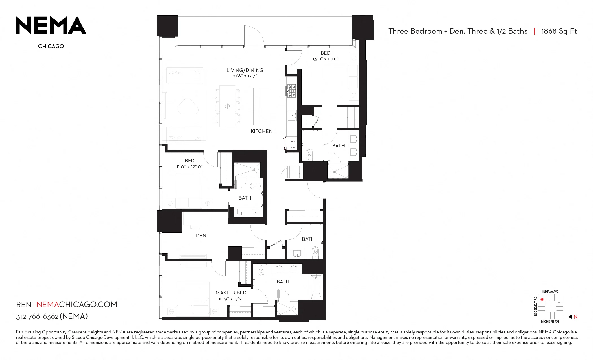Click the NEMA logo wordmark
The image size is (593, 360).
point(51,25)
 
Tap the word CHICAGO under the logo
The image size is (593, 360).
point(51,46)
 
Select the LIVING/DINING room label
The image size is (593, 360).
point(245,70)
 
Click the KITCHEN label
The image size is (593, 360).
point(262,131)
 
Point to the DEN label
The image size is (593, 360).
point(201,236)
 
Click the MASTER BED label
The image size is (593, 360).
point(231,293)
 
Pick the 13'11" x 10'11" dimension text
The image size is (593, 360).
point(325,59)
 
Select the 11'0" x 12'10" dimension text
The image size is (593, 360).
point(189,167)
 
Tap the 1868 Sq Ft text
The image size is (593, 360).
point(559,31)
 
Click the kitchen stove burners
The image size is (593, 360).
point(291,91)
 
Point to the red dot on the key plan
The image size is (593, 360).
point(542,300)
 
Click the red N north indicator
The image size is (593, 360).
point(575,317)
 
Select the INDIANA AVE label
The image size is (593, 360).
point(550,292)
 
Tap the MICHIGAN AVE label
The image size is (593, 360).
point(550,322)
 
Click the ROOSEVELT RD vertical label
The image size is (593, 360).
point(535,306)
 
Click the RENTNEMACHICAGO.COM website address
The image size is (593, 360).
point(67,304)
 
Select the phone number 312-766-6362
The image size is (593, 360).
point(37,317)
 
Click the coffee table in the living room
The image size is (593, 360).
point(188,106)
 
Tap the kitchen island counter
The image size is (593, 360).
point(261,106)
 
